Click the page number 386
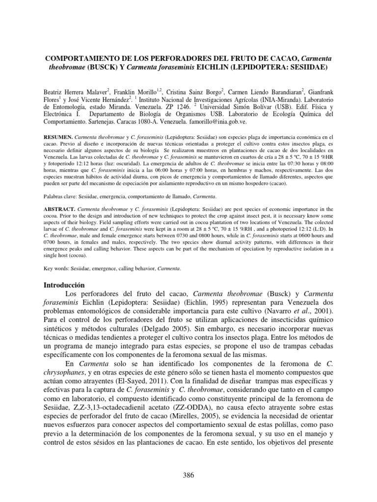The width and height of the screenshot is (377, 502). tap(188, 475)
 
